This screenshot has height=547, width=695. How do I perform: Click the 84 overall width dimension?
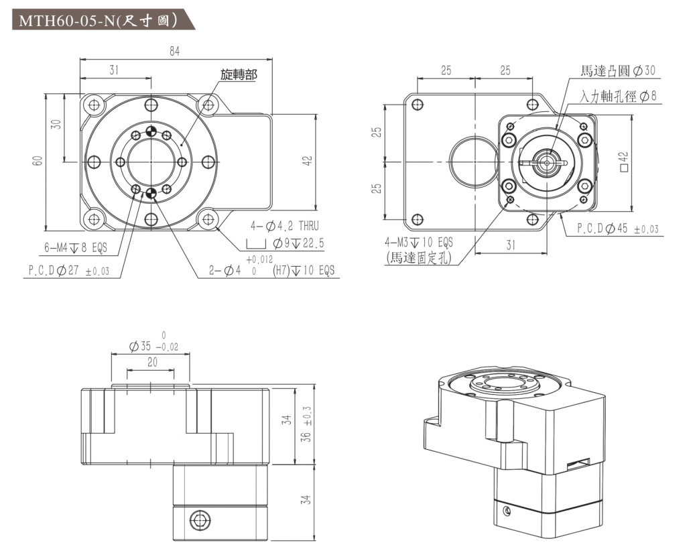(175, 52)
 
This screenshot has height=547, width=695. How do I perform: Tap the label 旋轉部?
(239, 74)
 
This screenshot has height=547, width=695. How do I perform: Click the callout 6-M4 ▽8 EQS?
(76, 248)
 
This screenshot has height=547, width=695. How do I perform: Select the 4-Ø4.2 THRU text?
(285, 227)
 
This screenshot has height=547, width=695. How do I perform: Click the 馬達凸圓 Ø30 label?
(617, 70)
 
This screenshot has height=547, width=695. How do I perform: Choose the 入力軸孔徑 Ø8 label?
(617, 97)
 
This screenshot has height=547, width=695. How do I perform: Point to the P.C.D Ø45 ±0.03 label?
(617, 229)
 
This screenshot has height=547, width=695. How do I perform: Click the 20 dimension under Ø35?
(152, 362)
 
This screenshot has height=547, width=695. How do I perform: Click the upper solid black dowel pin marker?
(151, 131)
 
